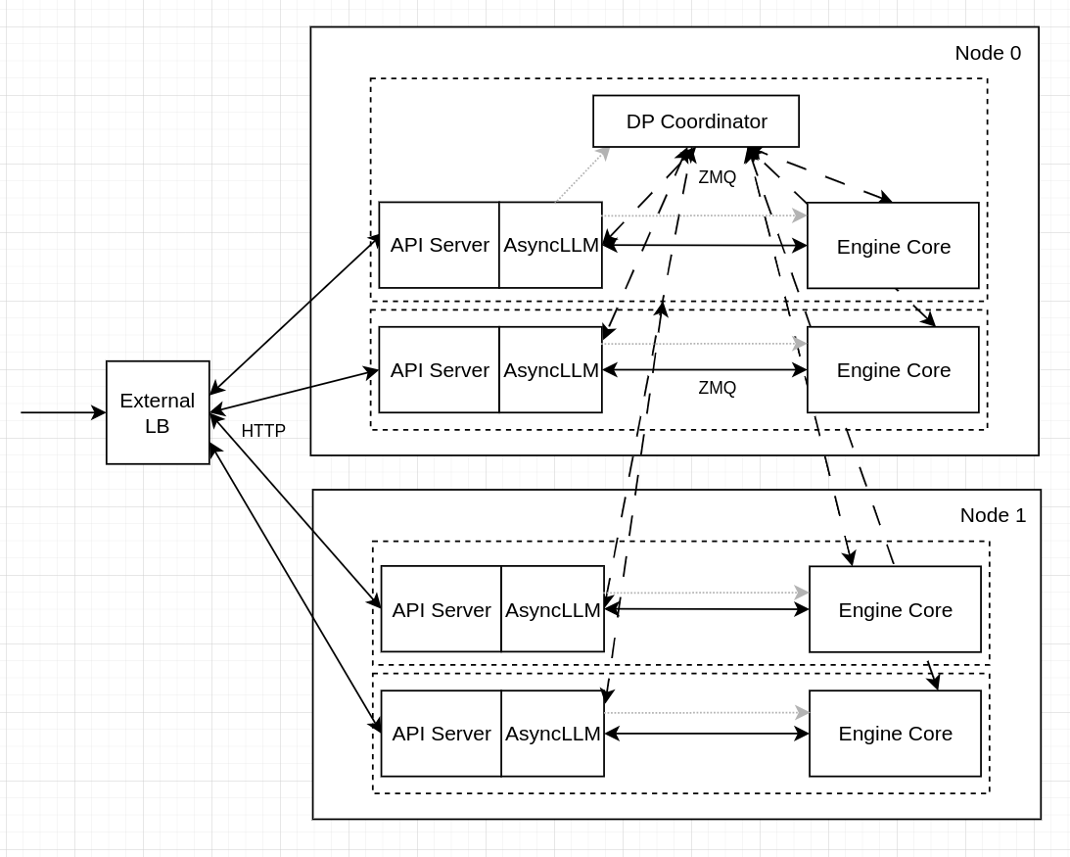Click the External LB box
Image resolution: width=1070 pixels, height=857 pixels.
(158, 412)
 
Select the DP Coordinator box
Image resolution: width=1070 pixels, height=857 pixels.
(696, 121)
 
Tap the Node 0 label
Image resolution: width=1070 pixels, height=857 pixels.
(987, 53)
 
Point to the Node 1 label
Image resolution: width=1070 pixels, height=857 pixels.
(992, 515)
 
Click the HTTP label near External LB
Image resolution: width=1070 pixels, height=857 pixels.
(263, 431)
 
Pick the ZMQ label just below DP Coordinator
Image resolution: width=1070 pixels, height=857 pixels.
(717, 177)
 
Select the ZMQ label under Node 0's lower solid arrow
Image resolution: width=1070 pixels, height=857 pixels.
(717, 388)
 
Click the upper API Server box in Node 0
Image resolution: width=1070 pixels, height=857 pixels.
(440, 245)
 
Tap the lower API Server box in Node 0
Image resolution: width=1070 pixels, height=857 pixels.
(440, 370)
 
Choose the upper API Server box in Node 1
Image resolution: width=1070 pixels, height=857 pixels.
(442, 609)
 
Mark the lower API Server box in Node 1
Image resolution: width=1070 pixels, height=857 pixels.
(442, 734)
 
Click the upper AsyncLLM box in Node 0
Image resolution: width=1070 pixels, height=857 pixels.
(550, 245)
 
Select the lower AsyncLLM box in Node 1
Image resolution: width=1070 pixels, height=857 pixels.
(552, 734)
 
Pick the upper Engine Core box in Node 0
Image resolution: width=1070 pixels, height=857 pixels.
(893, 246)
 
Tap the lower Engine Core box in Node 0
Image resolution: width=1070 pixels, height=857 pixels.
(893, 370)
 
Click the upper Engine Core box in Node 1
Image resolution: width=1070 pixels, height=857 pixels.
(895, 609)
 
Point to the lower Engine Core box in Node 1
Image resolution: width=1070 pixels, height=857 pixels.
(895, 734)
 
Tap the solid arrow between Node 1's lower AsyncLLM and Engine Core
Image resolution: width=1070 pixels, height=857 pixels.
(707, 734)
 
